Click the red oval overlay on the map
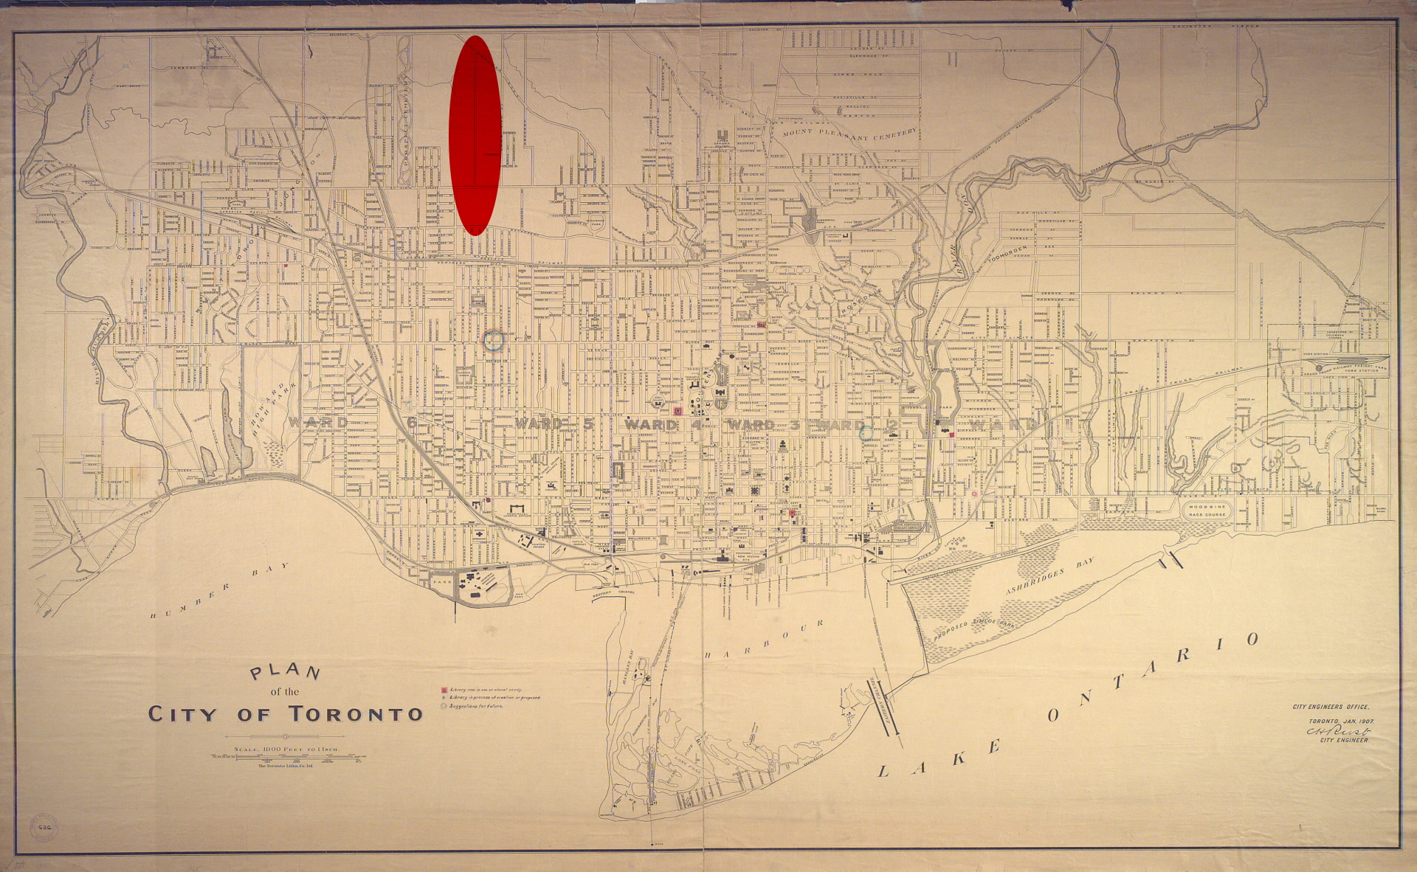[x=475, y=135]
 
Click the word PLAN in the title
[x=286, y=672]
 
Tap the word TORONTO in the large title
[x=356, y=714]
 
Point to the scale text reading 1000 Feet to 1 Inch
[x=285, y=750]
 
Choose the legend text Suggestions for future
[x=476, y=706]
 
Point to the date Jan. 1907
[x=1341, y=720]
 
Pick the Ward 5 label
[x=554, y=424]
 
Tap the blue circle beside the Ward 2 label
[x=866, y=433]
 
